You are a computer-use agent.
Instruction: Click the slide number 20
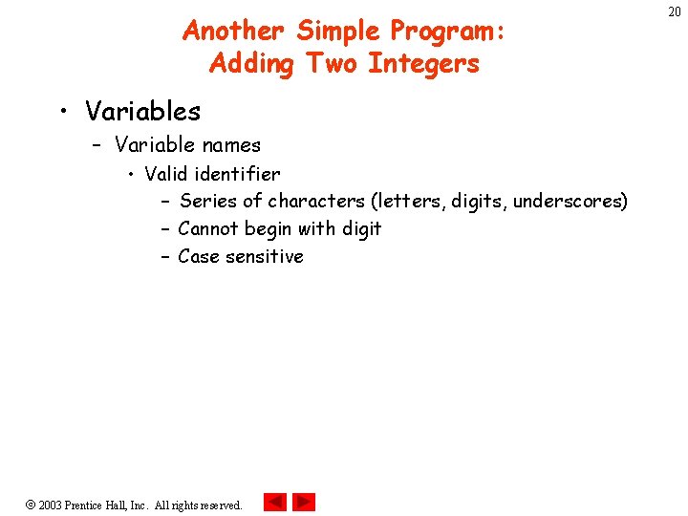[675, 11]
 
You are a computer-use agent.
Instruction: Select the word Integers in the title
[423, 64]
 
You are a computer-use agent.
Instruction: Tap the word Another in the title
[234, 32]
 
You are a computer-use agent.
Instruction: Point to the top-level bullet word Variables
[142, 112]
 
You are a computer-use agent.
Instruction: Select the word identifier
[237, 174]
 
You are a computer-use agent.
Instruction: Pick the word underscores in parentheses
[569, 202]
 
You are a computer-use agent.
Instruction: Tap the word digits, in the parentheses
[480, 202]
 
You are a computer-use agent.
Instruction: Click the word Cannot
[207, 229]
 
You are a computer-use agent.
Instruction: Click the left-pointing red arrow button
[274, 502]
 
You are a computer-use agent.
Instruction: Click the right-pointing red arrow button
[304, 502]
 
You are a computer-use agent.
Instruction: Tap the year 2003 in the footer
[50, 505]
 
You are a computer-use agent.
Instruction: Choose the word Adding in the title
[253, 64]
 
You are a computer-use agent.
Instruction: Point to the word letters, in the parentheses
[408, 202]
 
